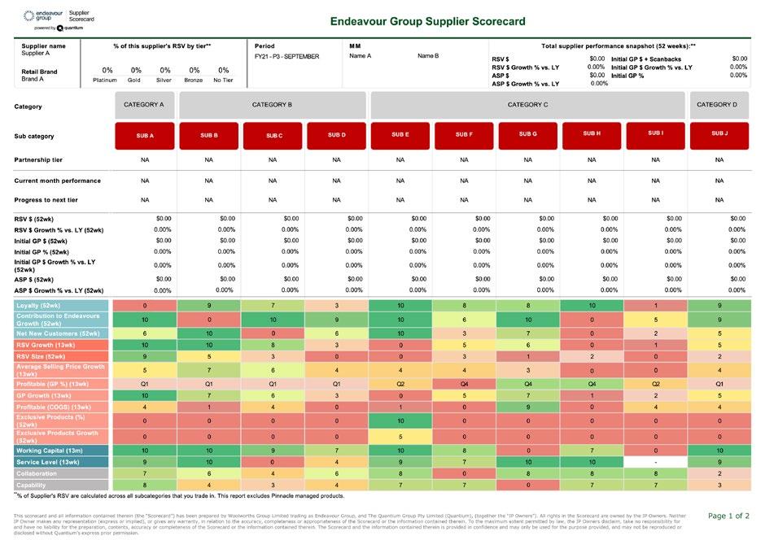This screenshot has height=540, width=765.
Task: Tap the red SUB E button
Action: click(x=400, y=134)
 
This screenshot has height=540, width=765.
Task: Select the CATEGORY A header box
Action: click(x=144, y=105)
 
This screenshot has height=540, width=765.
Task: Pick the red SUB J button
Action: click(x=719, y=134)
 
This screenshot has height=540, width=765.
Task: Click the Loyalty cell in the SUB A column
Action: click(x=144, y=305)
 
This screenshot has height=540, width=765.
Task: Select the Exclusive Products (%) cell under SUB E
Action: click(x=400, y=420)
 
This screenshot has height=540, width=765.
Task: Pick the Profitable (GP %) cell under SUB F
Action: click(x=464, y=382)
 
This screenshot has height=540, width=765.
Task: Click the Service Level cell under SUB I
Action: click(x=655, y=461)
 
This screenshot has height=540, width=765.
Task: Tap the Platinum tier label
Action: click(x=107, y=80)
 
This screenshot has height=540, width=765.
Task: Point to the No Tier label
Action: click(x=223, y=80)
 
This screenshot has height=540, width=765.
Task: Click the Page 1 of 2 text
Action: click(x=729, y=516)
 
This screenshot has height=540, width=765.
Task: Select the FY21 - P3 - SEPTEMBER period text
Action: click(x=287, y=57)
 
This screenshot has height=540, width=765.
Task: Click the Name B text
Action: click(x=428, y=56)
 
